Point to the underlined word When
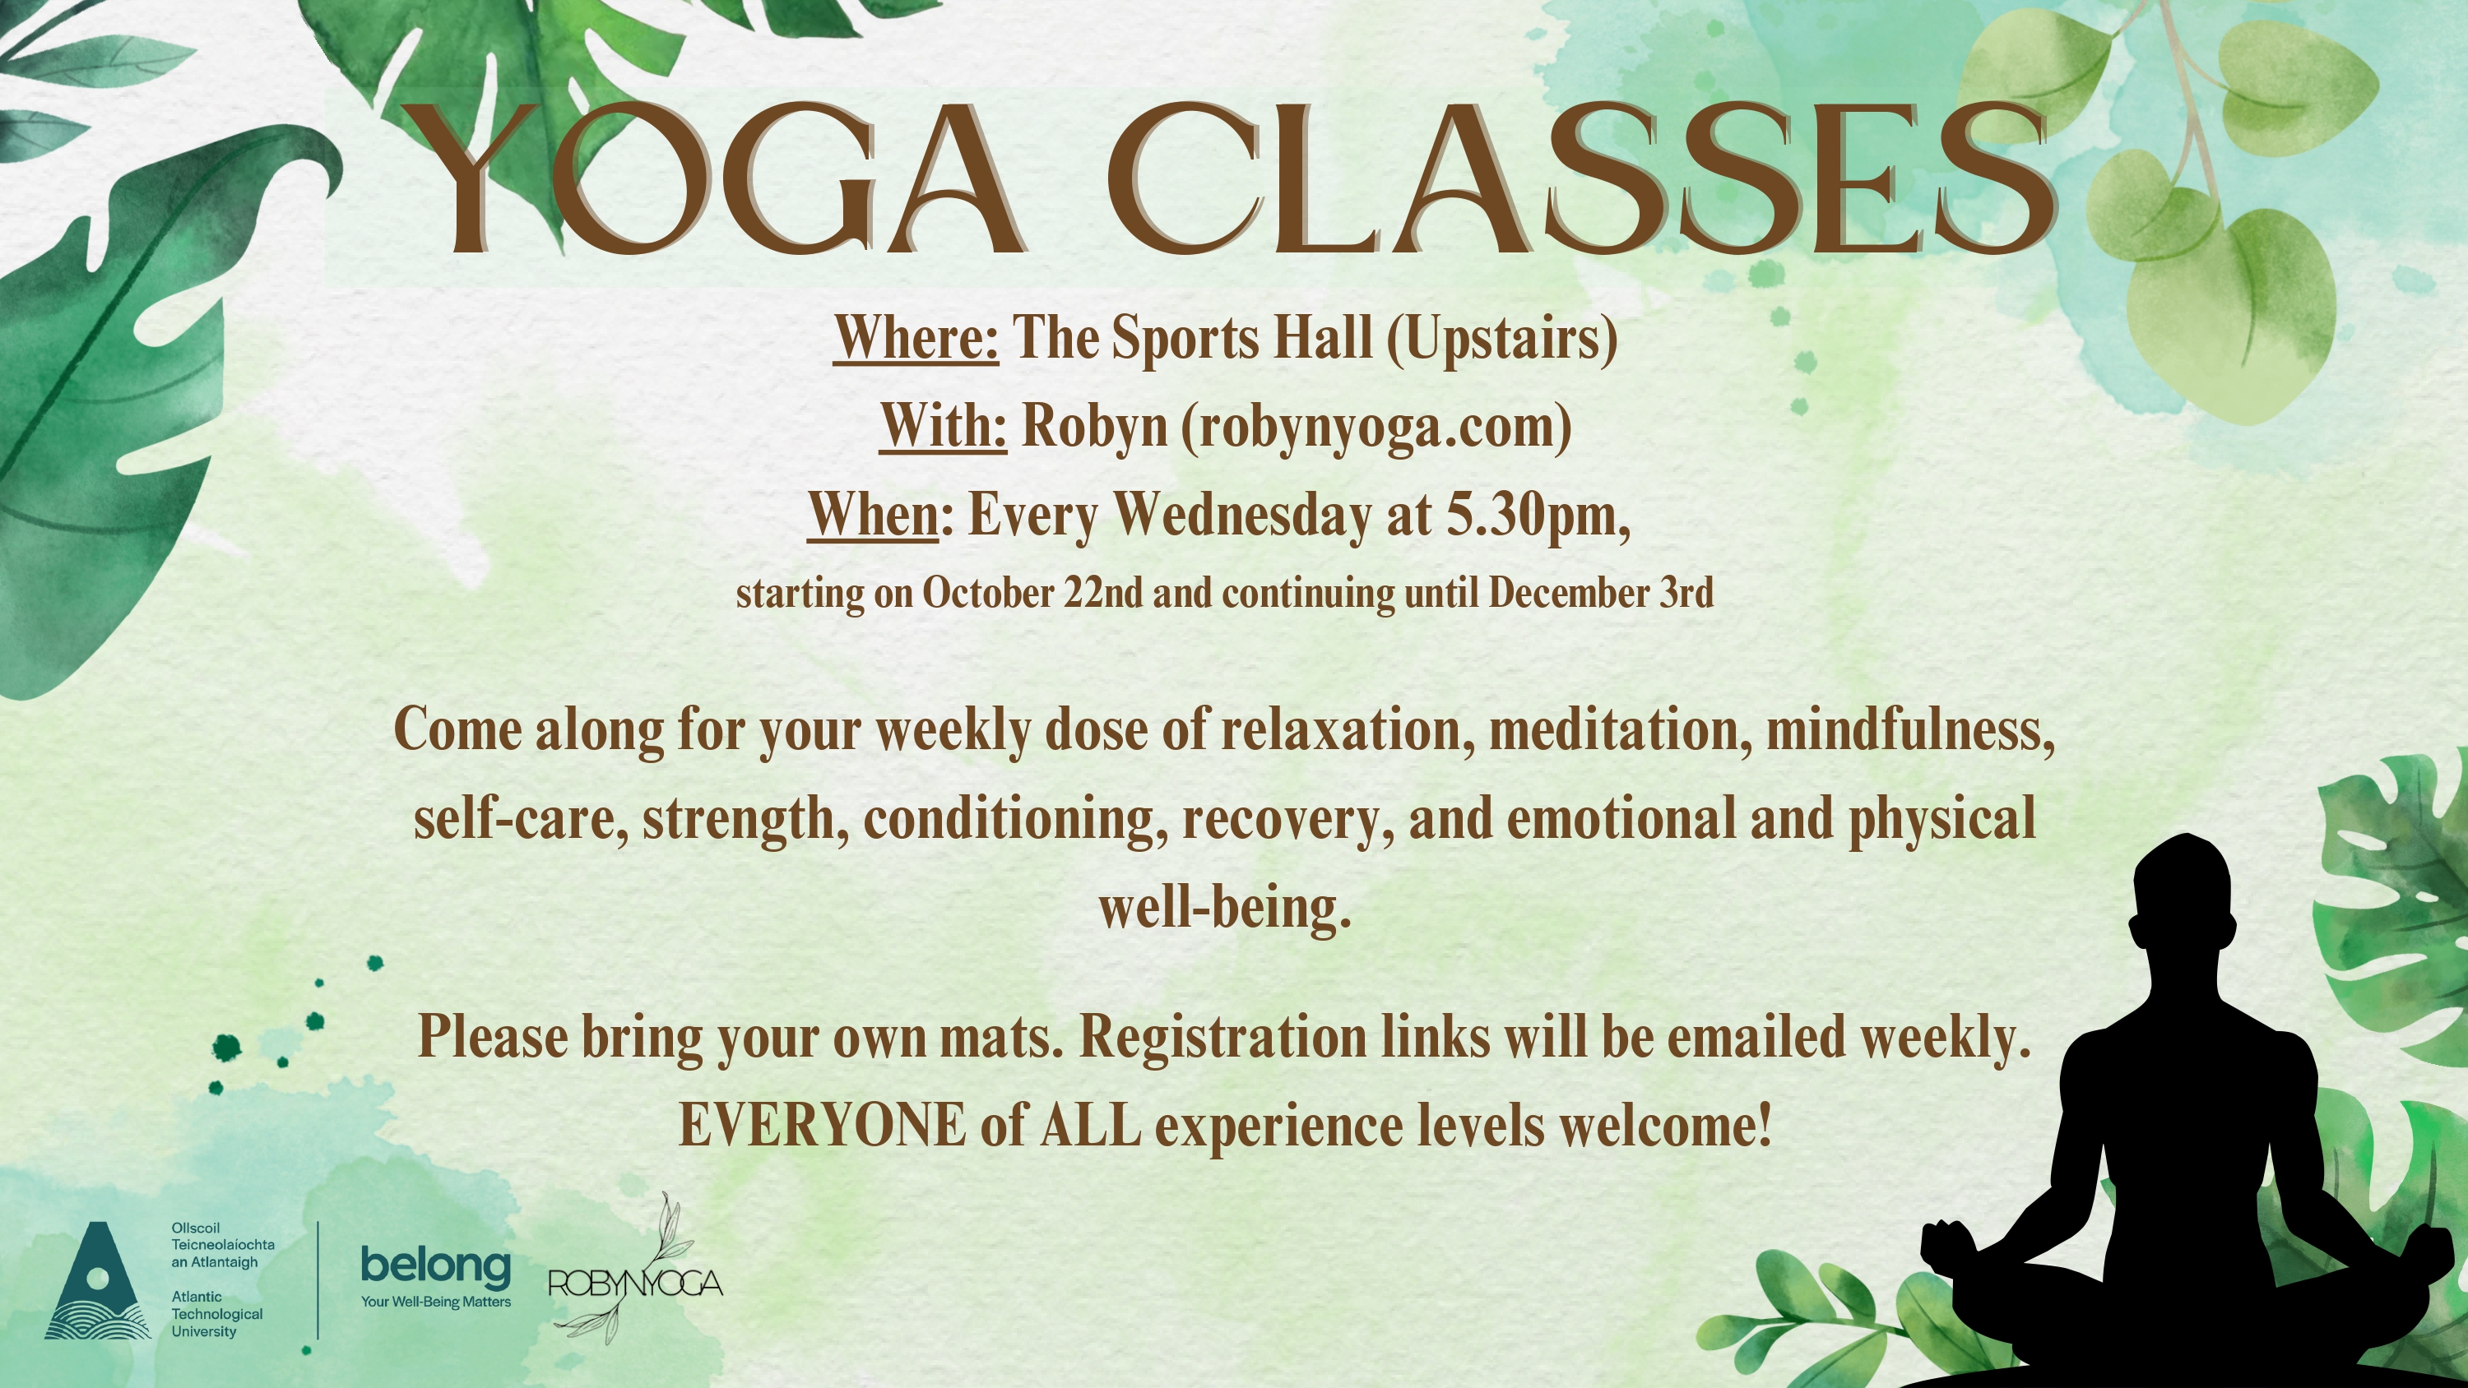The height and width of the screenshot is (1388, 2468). tap(873, 515)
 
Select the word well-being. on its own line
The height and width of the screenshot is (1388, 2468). tap(1224, 906)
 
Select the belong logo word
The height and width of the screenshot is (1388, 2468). tap(436, 1266)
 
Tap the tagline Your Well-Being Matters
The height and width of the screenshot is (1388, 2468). tap(436, 1302)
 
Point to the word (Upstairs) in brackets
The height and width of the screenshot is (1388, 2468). tap(1502, 339)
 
